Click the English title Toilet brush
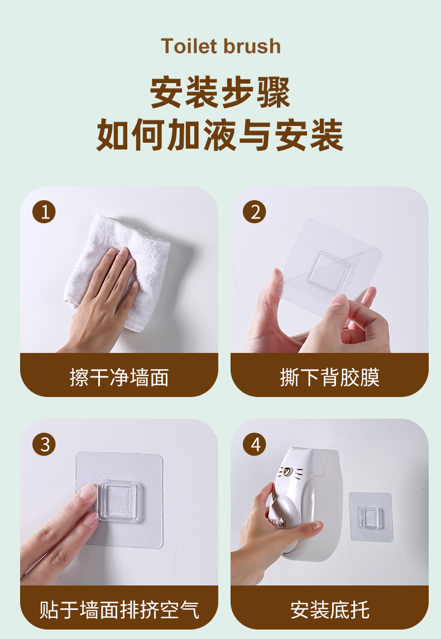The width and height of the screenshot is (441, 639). point(220,46)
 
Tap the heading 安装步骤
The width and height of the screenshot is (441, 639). point(220,93)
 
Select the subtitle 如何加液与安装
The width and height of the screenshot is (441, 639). point(220,135)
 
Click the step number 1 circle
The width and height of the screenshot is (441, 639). point(44,212)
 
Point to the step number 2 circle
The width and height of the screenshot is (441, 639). point(255,212)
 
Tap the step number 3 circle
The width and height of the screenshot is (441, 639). point(44,444)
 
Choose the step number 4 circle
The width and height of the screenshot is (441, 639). point(255,444)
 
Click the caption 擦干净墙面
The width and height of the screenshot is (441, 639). point(119,377)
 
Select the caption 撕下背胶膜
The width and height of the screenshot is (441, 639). point(329,377)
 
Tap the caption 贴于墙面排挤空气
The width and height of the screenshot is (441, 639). point(119,609)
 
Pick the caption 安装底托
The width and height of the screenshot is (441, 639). point(329,609)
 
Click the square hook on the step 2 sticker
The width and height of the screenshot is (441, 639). point(329,271)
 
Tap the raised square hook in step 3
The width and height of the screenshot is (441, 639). point(121,502)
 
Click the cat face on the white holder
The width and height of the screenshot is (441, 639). point(290,473)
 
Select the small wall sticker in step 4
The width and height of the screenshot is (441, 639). point(371,517)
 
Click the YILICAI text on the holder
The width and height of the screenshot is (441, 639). point(277,522)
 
